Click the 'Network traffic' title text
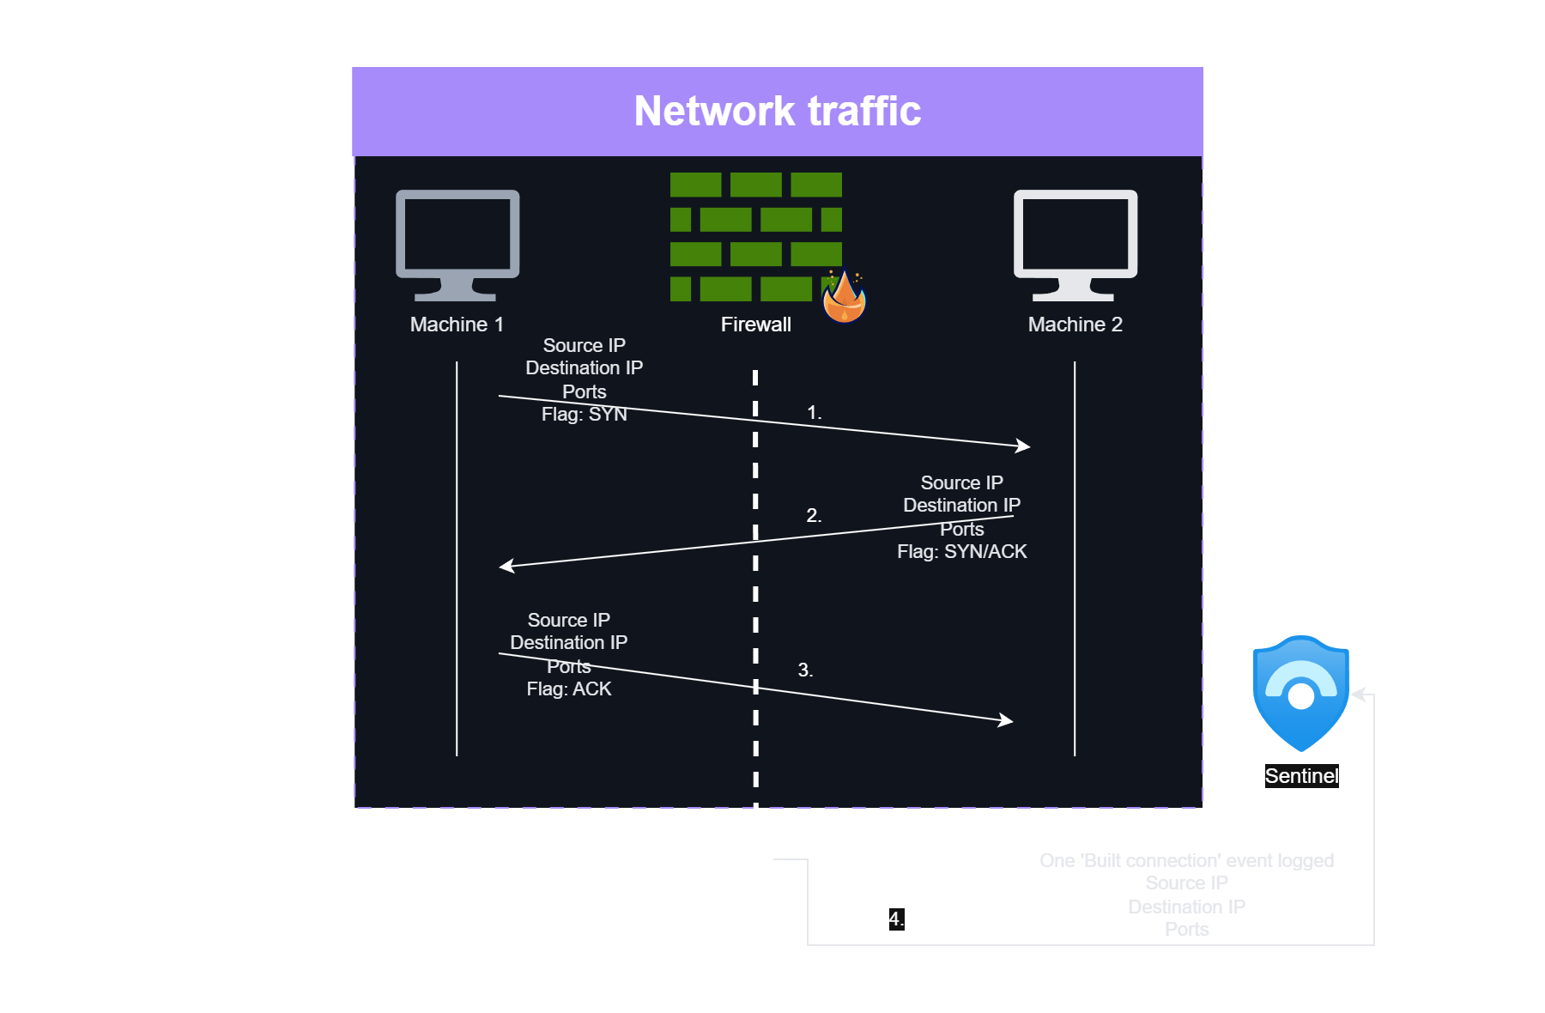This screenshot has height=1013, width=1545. (777, 112)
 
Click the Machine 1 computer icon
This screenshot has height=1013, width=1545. (457, 245)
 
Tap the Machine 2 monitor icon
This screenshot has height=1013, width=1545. (1075, 245)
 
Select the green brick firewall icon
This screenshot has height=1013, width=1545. (755, 236)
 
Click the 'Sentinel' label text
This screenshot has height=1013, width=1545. (1301, 776)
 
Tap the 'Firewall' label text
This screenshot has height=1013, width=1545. (755, 325)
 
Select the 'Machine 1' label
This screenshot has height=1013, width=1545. (457, 325)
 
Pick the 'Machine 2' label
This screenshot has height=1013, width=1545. (1075, 325)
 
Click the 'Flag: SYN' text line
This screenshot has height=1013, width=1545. (584, 415)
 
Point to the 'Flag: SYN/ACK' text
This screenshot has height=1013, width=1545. (961, 552)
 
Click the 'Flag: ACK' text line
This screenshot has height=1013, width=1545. (568, 689)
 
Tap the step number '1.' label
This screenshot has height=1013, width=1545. (814, 413)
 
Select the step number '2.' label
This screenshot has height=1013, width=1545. (814, 516)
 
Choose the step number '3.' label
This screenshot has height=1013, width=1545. (805, 670)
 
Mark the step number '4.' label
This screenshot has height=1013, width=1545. (895, 919)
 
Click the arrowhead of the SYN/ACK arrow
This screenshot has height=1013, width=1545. (506, 566)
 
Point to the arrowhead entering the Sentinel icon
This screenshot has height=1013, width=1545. (1357, 694)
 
